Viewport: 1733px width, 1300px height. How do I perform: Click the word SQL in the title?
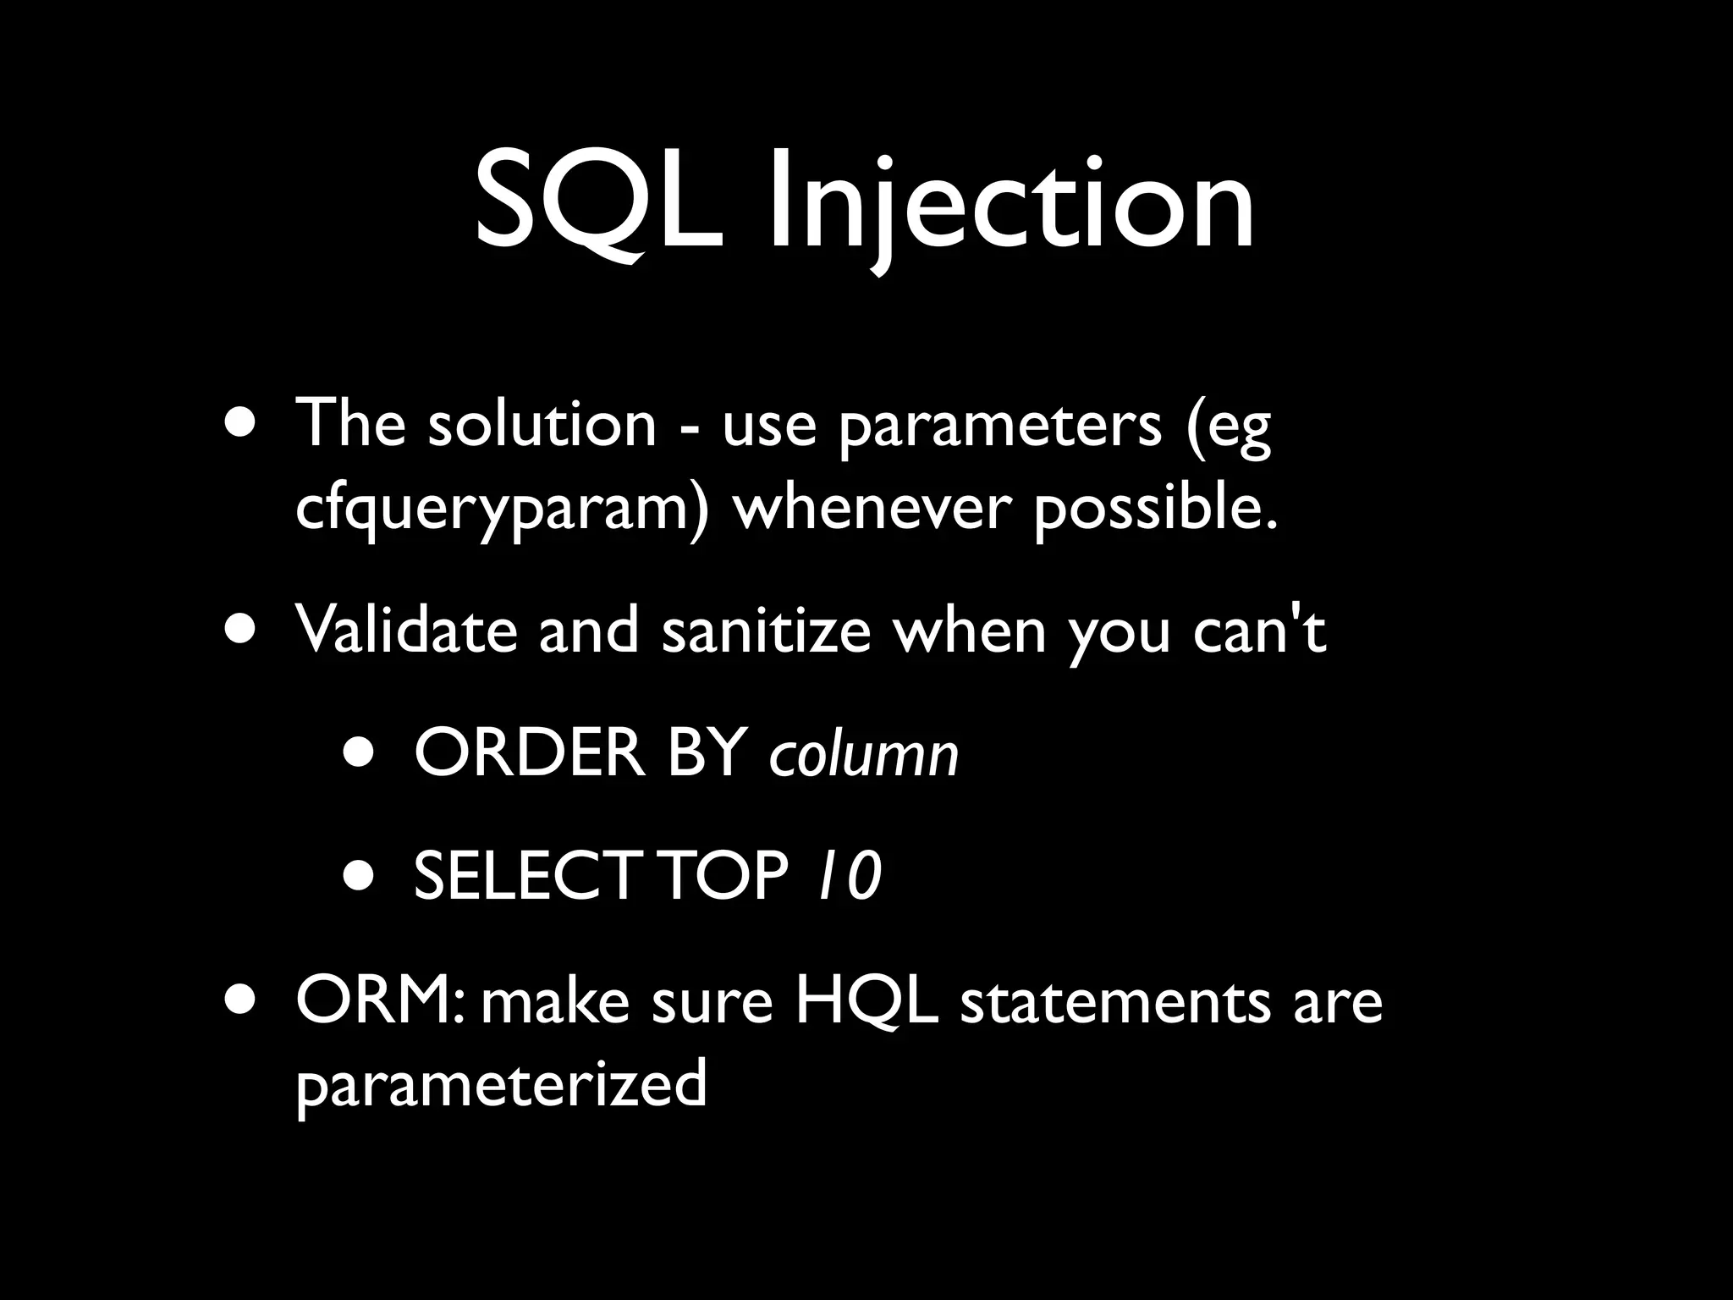(x=599, y=203)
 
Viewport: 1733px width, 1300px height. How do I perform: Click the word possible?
(x=1155, y=510)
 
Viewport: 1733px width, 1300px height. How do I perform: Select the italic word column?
(x=864, y=753)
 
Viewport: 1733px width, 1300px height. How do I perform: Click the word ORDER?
(x=530, y=753)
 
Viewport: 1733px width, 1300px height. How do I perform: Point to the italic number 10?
(x=847, y=876)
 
